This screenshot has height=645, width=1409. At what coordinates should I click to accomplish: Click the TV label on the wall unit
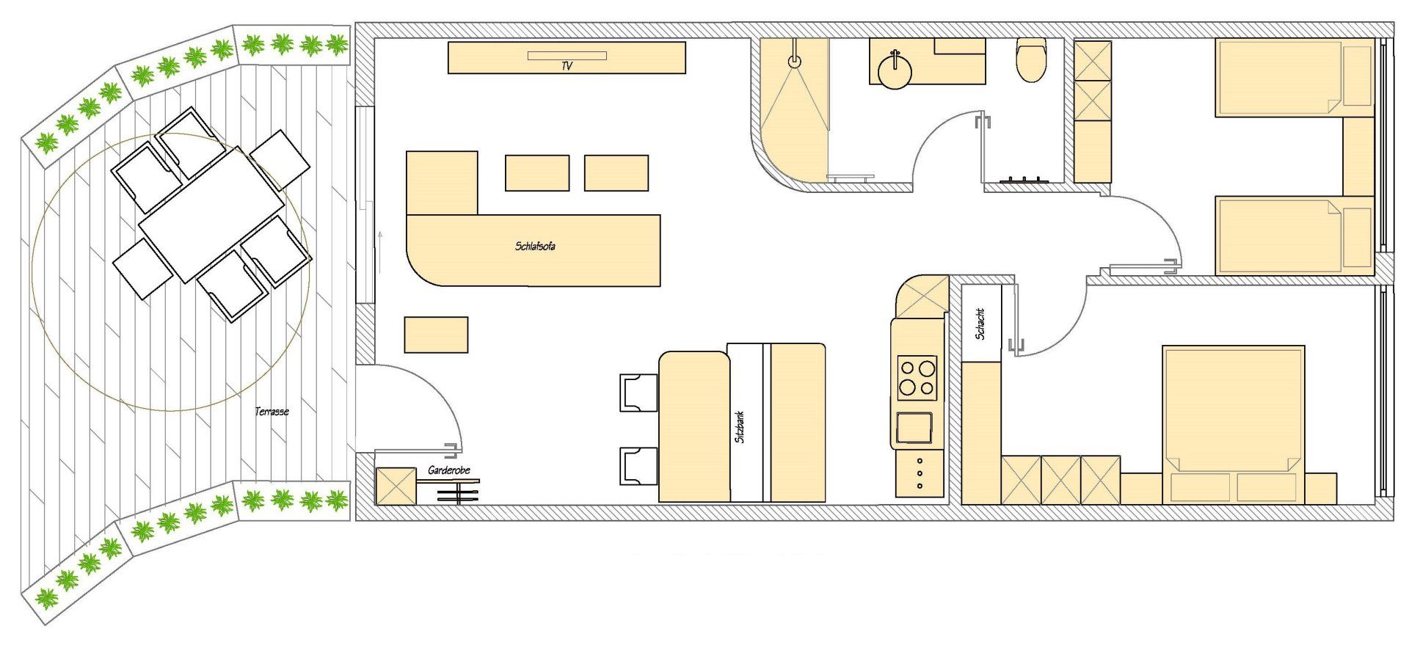click(x=567, y=66)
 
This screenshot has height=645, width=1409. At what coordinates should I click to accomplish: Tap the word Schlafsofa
click(x=535, y=247)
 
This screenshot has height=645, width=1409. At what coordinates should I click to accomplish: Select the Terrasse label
click(x=272, y=412)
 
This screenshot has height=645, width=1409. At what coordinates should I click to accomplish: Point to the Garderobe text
click(x=448, y=470)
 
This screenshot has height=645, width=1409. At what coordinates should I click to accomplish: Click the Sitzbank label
click(x=740, y=426)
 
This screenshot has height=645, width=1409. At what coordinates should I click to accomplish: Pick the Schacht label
click(x=980, y=324)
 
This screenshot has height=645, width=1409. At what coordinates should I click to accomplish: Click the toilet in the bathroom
click(x=1031, y=60)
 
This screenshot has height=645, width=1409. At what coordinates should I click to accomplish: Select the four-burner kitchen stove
click(x=917, y=378)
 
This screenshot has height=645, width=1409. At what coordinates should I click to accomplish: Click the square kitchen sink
click(x=914, y=428)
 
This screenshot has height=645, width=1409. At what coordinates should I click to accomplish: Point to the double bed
click(x=1233, y=425)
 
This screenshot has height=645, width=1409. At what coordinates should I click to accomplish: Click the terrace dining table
click(x=211, y=214)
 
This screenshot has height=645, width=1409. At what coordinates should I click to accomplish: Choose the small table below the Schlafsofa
click(x=436, y=335)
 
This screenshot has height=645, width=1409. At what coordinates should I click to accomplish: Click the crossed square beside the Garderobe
click(x=396, y=487)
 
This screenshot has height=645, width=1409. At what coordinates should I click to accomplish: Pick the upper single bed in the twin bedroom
click(x=1294, y=78)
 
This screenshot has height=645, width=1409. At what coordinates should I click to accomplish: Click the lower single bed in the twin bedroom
click(x=1294, y=236)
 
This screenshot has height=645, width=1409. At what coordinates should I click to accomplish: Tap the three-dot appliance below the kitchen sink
click(x=920, y=474)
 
